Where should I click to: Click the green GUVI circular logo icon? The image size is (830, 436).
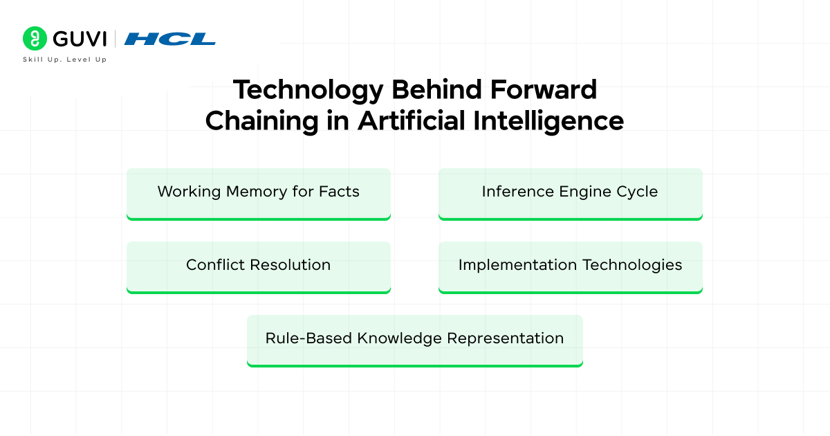click(x=34, y=39)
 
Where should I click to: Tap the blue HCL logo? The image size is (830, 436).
click(x=169, y=39)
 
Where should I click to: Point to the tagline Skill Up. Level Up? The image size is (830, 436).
click(x=65, y=60)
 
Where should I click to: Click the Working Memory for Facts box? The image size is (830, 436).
click(x=259, y=193)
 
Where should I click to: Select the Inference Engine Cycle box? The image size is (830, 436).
click(x=570, y=193)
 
